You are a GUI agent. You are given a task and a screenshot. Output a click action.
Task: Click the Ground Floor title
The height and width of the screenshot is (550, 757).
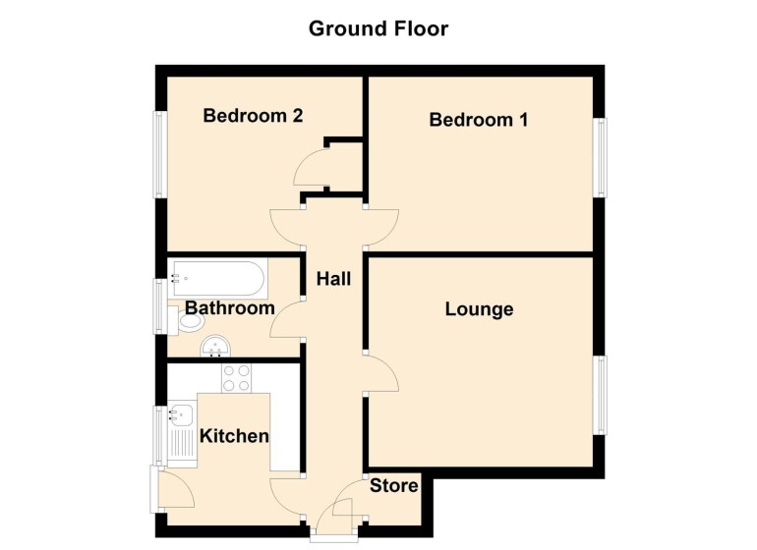pos(378,28)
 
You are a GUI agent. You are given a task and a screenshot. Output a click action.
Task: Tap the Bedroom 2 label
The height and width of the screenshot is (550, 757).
pos(253,116)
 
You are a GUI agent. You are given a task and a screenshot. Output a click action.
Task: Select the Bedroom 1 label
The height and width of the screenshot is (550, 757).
pos(479,121)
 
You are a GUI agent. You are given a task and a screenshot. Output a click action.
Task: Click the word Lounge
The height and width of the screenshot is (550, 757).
pos(479,309)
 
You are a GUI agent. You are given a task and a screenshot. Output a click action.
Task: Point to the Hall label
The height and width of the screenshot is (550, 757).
pos(333,279)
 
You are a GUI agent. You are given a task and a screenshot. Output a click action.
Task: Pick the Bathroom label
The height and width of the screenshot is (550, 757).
pos(230,308)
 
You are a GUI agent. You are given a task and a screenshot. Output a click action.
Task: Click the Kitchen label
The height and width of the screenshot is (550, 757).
pos(234,435)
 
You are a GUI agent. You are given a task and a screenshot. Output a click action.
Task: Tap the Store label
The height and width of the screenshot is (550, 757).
pos(394,485)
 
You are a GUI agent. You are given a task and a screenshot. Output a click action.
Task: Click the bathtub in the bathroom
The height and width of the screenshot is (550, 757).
pos(216,279)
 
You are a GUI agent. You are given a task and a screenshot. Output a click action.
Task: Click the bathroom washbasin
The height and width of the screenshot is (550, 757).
pos(215,346)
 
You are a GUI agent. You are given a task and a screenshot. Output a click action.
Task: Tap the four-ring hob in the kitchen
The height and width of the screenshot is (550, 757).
pos(236,378)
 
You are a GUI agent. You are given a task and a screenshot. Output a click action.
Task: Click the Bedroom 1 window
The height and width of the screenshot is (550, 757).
pos(600,157)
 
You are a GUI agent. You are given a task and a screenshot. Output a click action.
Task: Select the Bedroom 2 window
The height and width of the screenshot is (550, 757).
pos(158,154)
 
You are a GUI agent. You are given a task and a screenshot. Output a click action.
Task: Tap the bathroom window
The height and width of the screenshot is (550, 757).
pos(159,306)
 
